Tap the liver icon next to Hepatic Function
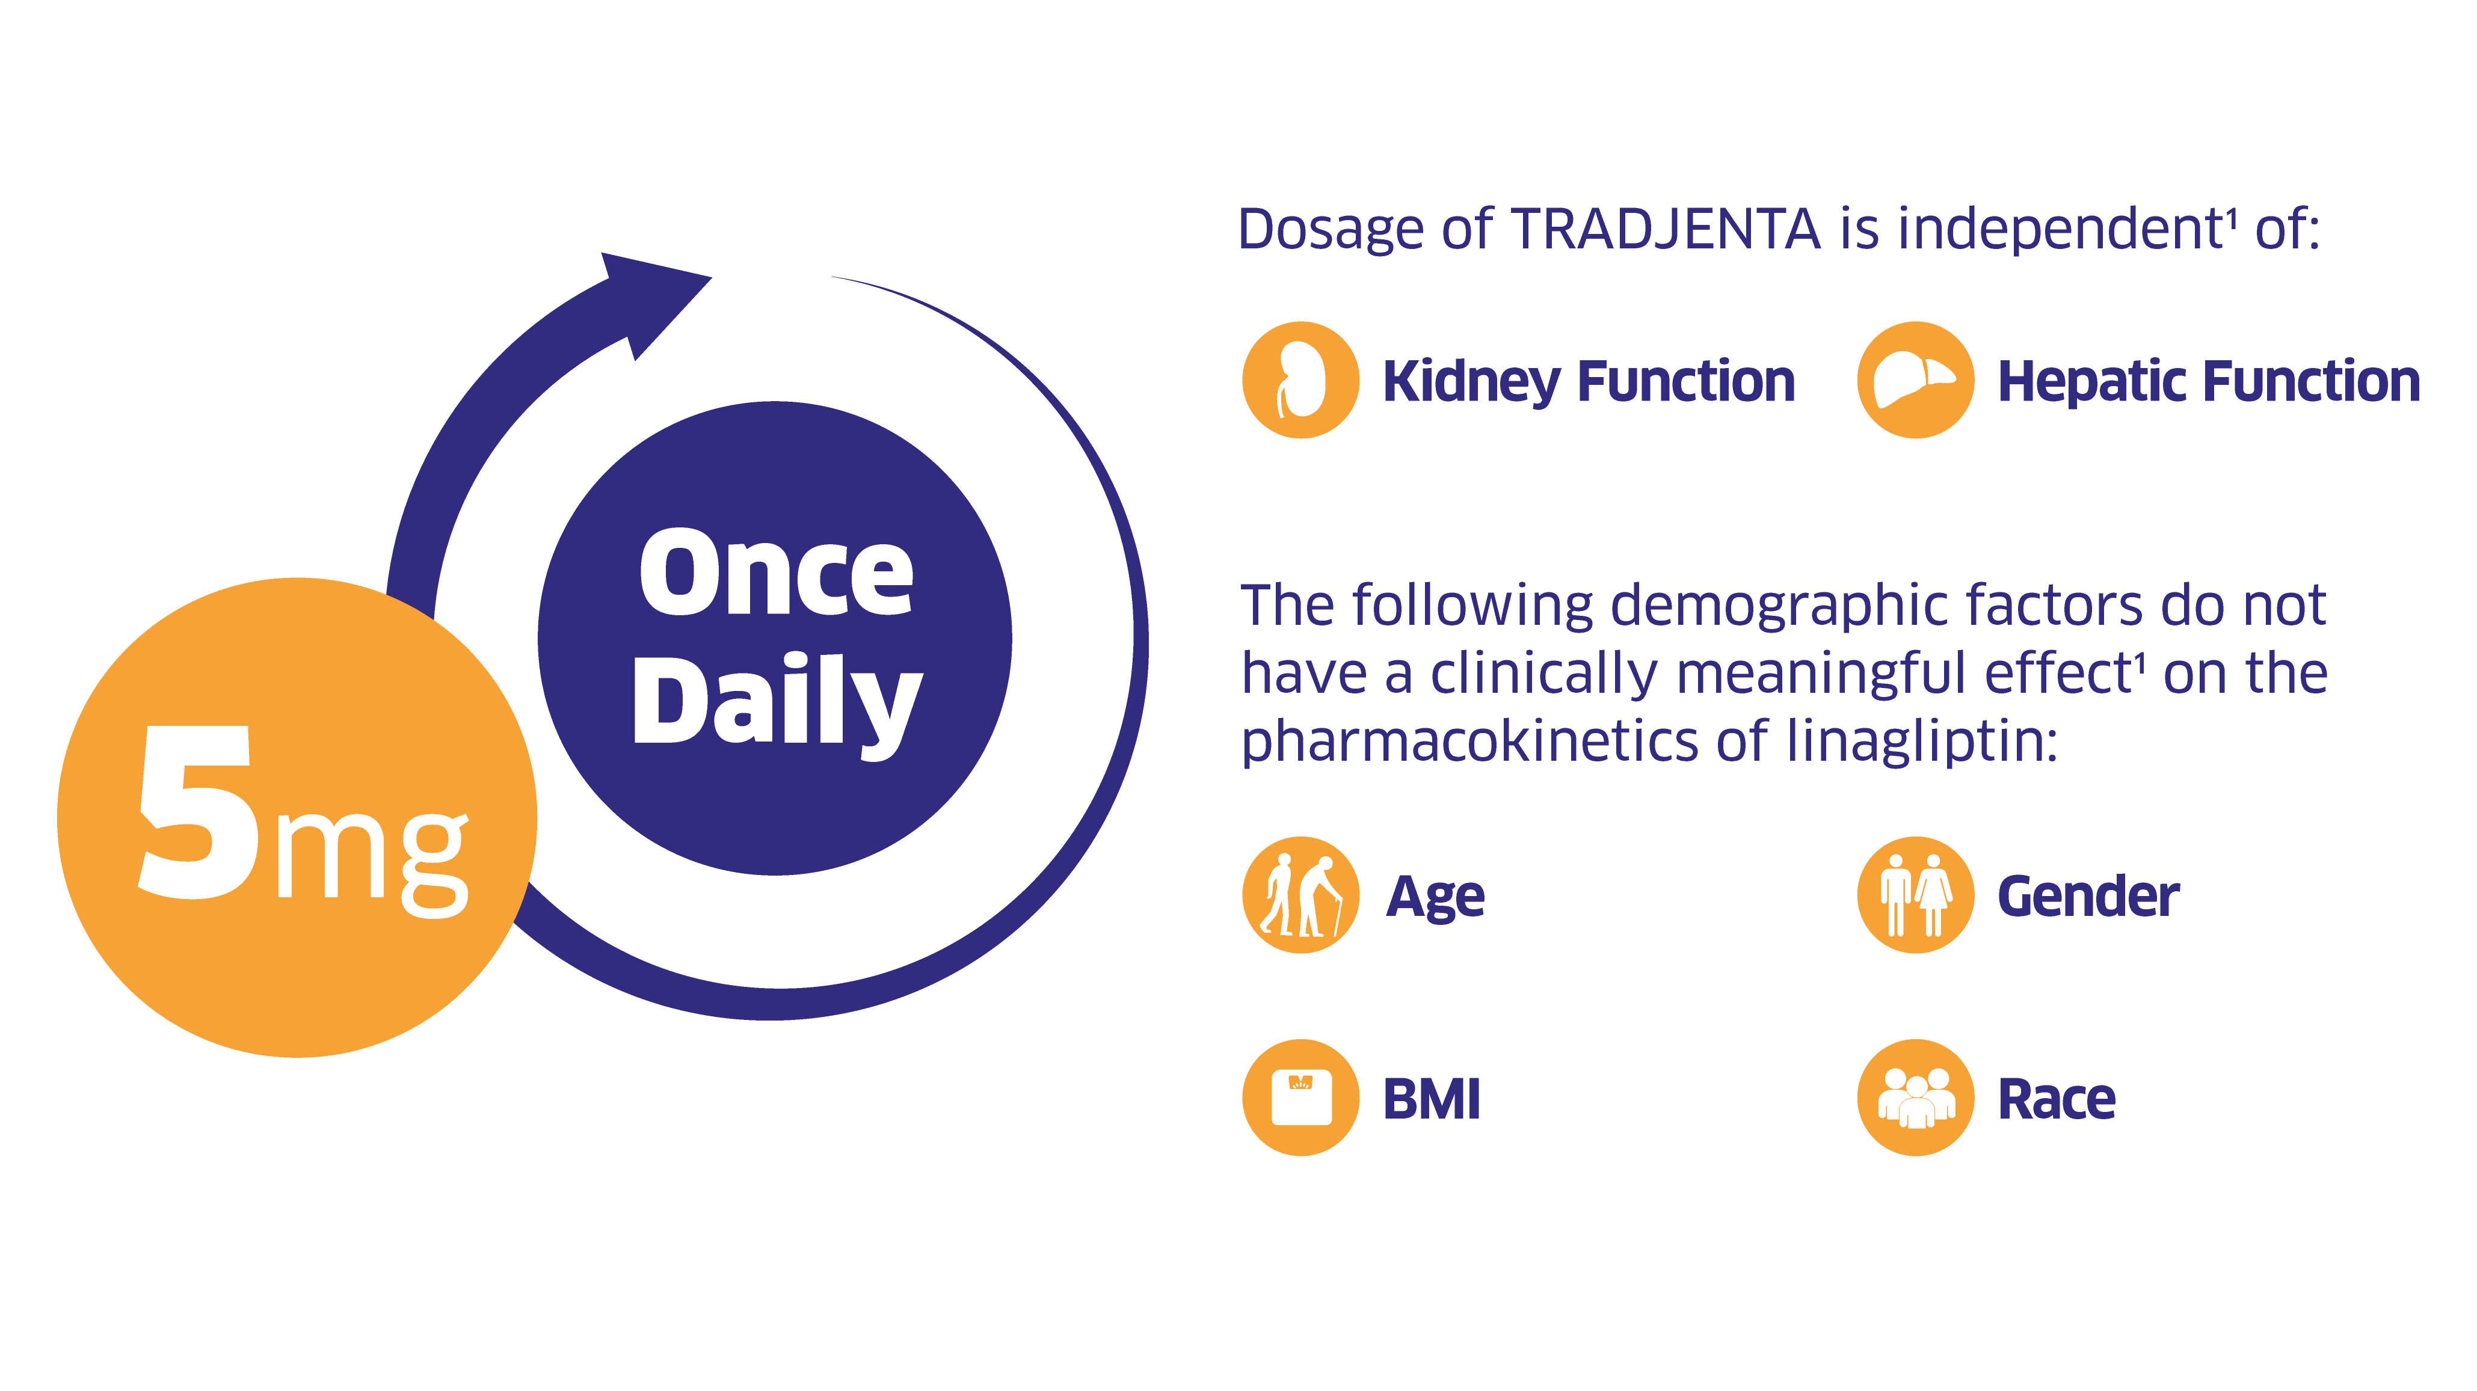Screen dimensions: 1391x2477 pyautogui.click(x=1915, y=379)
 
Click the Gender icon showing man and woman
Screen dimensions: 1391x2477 pyautogui.click(x=1915, y=895)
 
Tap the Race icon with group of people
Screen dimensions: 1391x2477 pyautogui.click(x=1915, y=1097)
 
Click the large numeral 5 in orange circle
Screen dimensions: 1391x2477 pyautogui.click(x=199, y=812)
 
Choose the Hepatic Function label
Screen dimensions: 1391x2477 pyautogui.click(x=2208, y=382)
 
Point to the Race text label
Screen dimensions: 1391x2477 pyautogui.click(x=2056, y=1099)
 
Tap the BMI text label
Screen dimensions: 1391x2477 pyautogui.click(x=1431, y=1099)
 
